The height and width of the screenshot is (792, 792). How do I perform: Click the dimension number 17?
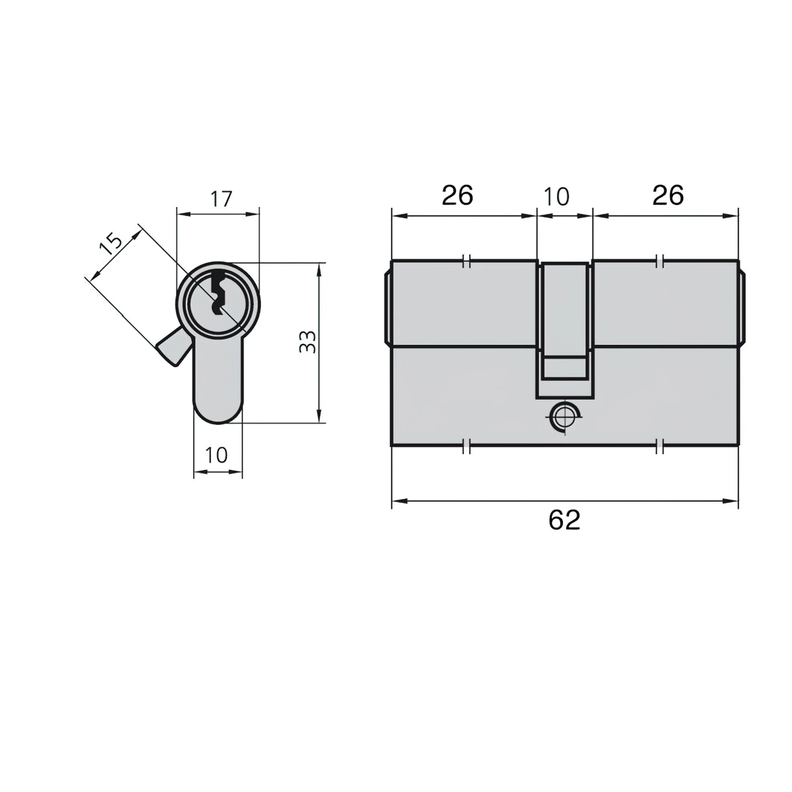pyautogui.click(x=221, y=199)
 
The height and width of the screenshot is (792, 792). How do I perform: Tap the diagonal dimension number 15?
pyautogui.click(x=111, y=244)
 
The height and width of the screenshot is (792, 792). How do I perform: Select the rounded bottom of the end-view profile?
pyautogui.click(x=218, y=414)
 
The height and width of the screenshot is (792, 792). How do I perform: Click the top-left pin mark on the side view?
pyautogui.click(x=466, y=261)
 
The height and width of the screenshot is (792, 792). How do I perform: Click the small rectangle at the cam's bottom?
pyautogui.click(x=565, y=368)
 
